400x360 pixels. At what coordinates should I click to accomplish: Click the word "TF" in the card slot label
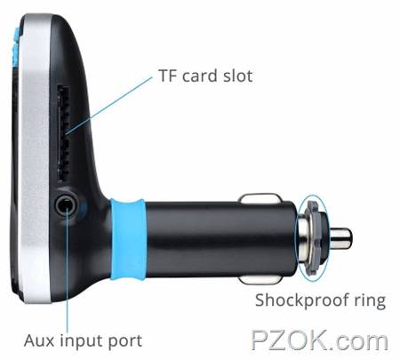tap(168, 76)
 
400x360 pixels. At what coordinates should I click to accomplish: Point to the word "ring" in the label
tap(370, 301)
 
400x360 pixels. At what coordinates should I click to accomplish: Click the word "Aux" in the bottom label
tap(39, 340)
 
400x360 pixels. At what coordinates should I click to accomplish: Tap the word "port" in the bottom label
tap(125, 342)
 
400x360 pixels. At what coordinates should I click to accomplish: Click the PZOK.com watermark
tap(319, 340)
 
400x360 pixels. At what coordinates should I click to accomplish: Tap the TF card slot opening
tap(63, 133)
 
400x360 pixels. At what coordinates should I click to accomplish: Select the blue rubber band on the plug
tap(129, 239)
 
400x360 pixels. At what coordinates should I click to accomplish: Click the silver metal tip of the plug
tap(340, 239)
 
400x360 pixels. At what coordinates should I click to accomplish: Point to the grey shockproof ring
tap(314, 238)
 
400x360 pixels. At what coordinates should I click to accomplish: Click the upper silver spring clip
tap(260, 199)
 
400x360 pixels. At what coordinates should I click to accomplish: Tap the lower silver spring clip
tap(260, 278)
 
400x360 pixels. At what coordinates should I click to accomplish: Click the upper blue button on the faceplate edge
tap(16, 35)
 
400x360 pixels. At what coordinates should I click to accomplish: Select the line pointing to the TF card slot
tap(109, 106)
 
